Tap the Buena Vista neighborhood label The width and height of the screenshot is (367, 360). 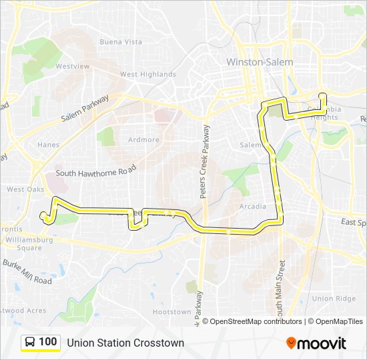[121, 41]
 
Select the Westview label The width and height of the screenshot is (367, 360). [73, 67]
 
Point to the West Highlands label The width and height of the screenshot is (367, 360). [148, 75]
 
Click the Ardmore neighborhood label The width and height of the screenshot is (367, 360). [144, 140]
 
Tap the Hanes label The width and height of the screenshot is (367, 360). [48, 145]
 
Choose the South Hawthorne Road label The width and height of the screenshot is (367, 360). [95, 173]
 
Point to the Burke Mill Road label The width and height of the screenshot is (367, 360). [27, 271]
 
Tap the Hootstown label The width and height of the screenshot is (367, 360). [171, 311]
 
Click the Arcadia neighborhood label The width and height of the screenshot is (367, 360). [253, 207]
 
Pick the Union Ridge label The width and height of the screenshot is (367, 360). [334, 299]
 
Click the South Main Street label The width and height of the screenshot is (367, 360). [281, 287]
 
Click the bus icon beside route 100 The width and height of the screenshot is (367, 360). [30, 343]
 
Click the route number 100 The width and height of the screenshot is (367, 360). [47, 342]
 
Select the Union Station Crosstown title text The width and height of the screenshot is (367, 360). [125, 343]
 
